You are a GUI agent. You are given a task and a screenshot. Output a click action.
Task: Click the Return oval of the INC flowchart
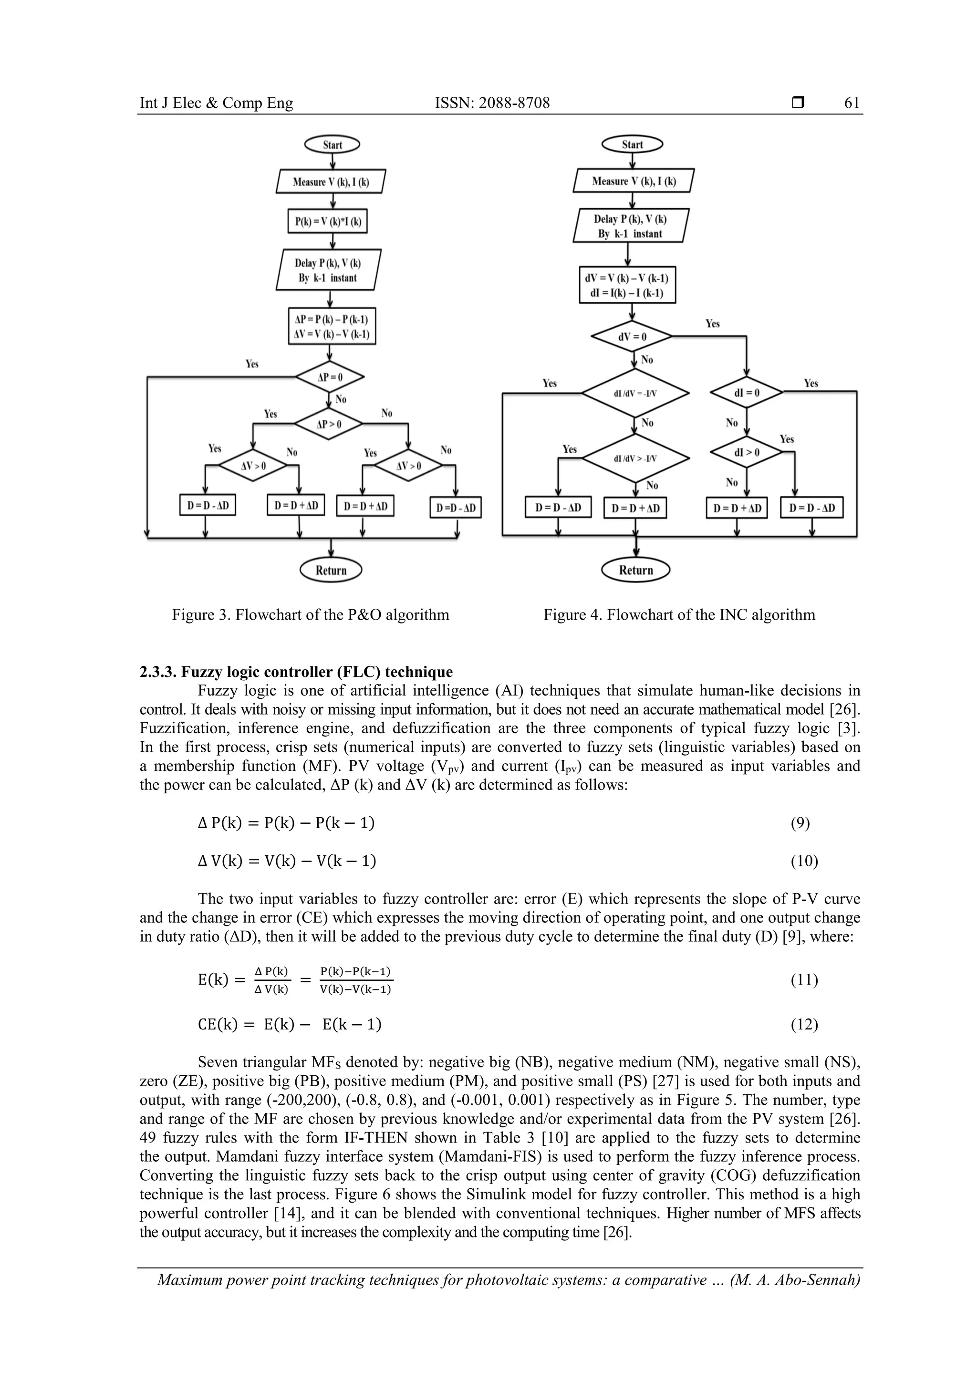[x=636, y=570]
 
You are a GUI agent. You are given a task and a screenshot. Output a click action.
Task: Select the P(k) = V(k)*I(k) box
[x=327, y=221]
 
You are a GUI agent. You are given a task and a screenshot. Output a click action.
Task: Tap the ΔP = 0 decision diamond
[x=329, y=377]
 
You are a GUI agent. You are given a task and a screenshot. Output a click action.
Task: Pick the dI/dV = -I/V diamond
[x=634, y=393]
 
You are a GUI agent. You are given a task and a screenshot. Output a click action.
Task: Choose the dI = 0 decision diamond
[x=747, y=393]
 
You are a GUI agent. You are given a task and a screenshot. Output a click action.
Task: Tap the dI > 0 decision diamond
[x=747, y=452]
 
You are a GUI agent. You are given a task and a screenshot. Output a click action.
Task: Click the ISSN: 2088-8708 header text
[x=492, y=103]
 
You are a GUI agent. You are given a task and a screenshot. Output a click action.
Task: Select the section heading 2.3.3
[x=296, y=672]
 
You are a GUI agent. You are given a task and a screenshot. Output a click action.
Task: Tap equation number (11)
[x=804, y=980]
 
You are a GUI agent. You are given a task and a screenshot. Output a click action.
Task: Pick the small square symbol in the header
[x=798, y=104]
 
